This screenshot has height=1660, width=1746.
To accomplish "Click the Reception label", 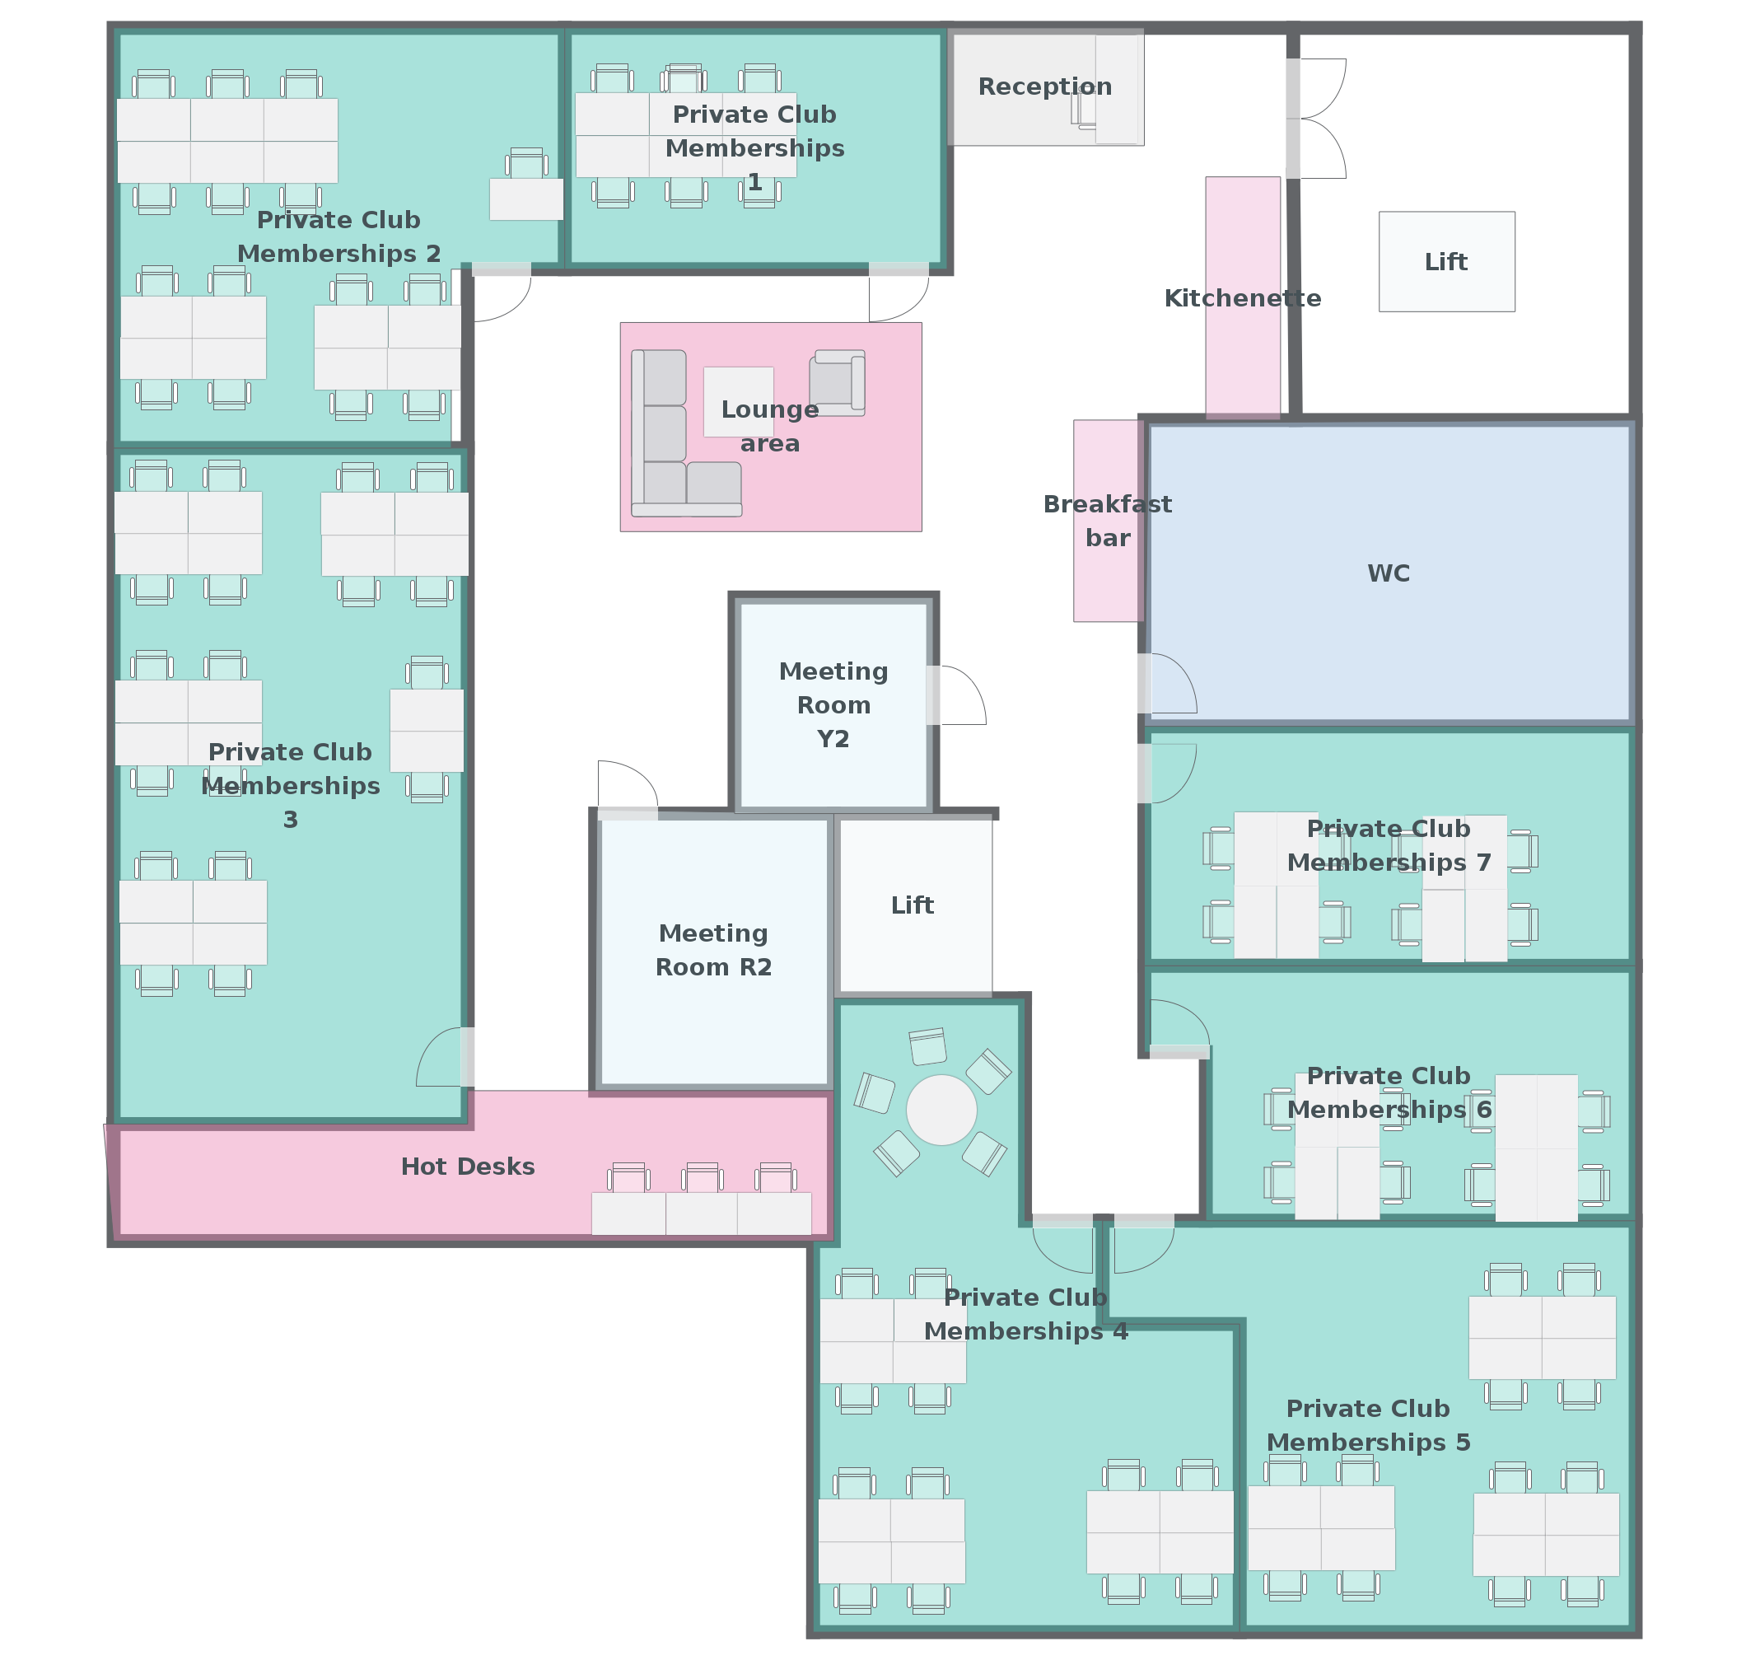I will tap(1044, 87).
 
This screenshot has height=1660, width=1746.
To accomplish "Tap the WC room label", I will tap(1388, 573).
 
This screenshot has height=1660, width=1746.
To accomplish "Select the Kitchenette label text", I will tap(1242, 298).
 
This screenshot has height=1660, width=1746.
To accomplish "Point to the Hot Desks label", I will tap(467, 1167).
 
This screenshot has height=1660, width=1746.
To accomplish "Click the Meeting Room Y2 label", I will tap(833, 705).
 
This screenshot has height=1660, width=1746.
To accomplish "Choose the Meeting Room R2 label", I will tap(713, 950).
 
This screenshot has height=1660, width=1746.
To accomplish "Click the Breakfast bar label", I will tap(1108, 521).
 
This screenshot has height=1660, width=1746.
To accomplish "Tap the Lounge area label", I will tap(769, 427).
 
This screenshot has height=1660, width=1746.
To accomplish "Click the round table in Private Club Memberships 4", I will tap(941, 1110).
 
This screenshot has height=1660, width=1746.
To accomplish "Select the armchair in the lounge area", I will tap(836, 383).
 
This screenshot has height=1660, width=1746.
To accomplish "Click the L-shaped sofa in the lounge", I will tap(672, 442).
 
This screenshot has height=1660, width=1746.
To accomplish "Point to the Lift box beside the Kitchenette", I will tap(1446, 262).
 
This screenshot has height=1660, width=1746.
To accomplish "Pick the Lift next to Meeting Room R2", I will tap(913, 905).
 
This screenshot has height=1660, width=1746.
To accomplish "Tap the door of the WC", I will tap(1169, 685).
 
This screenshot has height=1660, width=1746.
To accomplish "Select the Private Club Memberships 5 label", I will tap(1367, 1424).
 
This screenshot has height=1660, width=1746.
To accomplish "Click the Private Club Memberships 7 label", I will tap(1388, 846).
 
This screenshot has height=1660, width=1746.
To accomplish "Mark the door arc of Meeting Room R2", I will tap(626, 787).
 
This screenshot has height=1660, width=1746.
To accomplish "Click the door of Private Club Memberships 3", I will tap(441, 1059).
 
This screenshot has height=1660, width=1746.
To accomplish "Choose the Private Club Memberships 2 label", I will tap(338, 237).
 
